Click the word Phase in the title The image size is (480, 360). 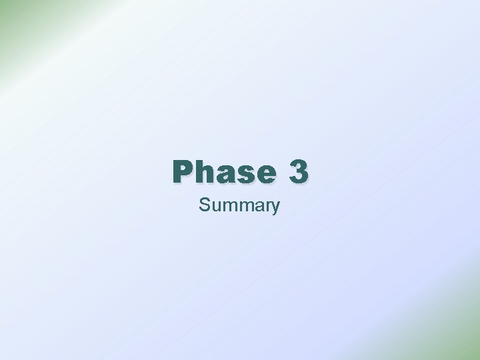point(223,173)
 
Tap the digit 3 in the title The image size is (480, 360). point(299,172)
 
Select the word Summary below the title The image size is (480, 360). point(239,205)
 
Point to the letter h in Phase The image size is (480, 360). point(205,173)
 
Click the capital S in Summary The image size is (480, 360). point(204,205)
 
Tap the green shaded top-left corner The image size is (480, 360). point(10,10)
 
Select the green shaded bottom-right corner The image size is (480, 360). point(470,350)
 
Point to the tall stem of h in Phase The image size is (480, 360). point(199,171)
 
